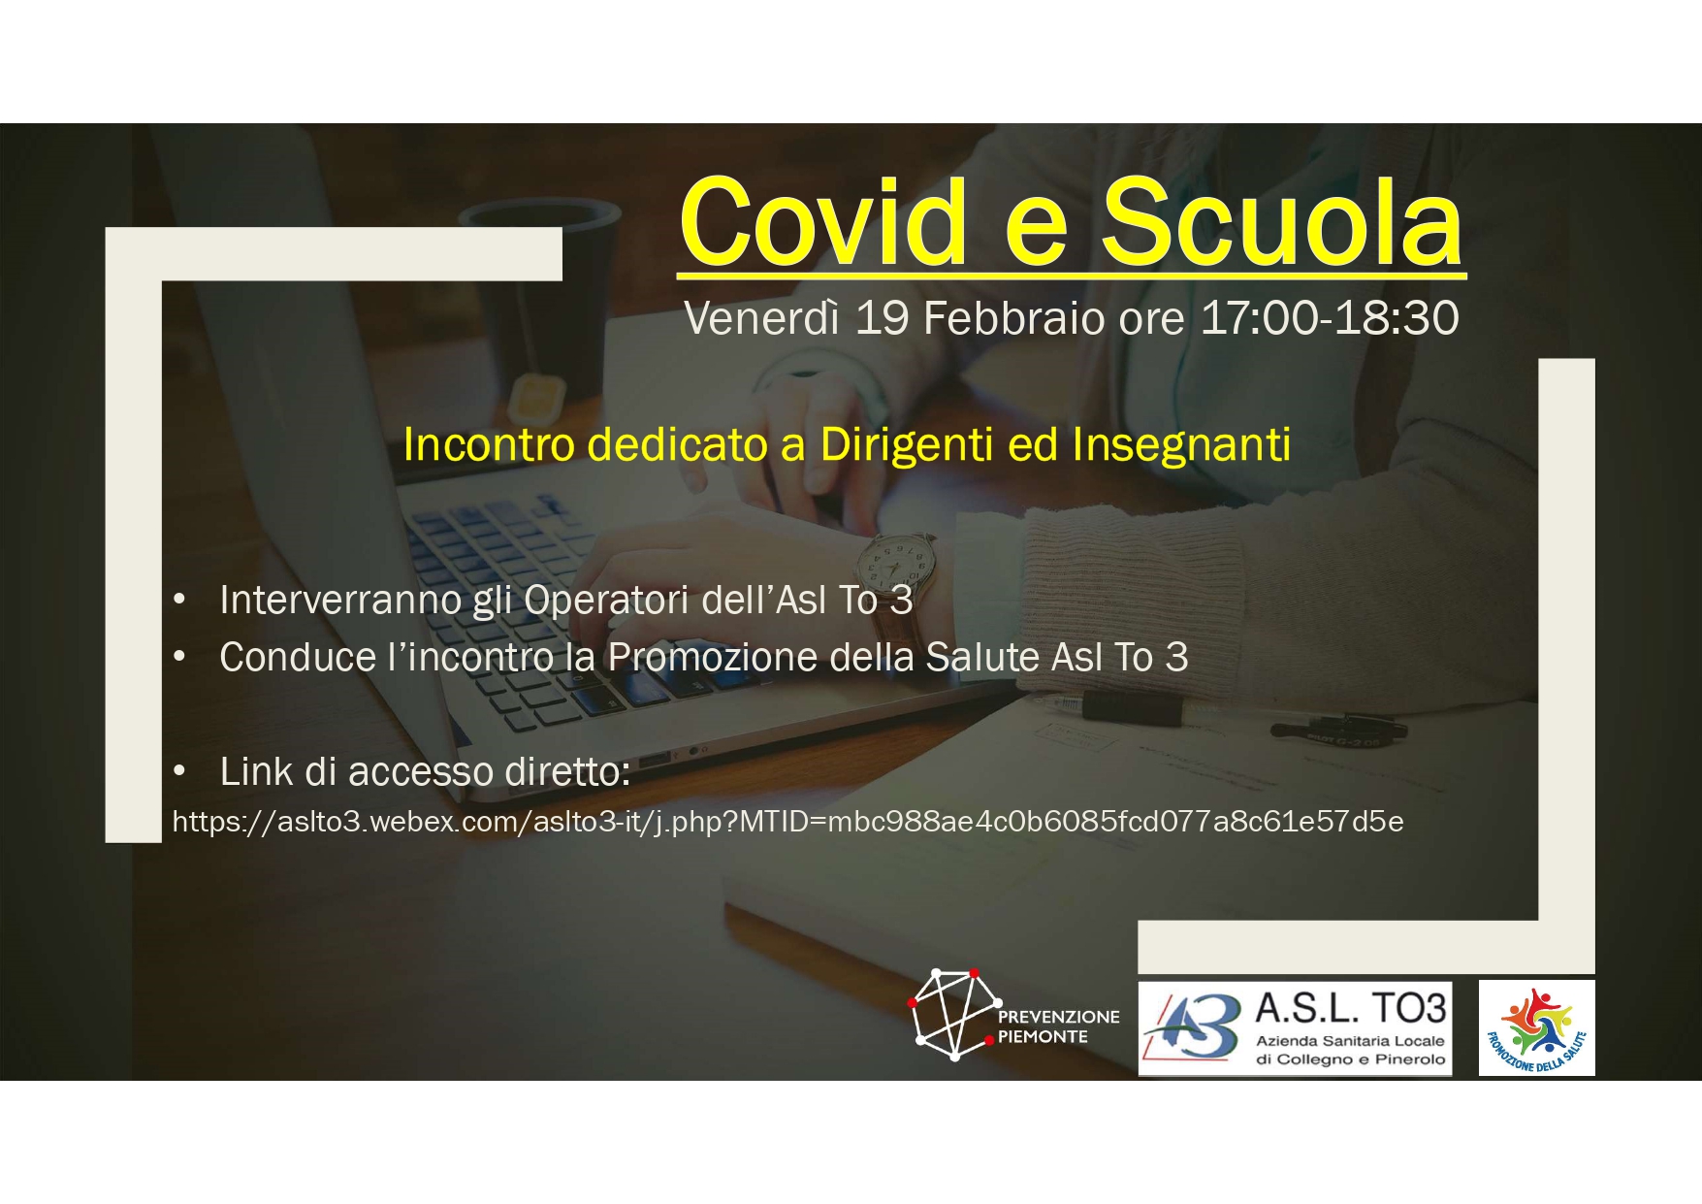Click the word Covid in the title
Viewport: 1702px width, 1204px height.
click(x=824, y=222)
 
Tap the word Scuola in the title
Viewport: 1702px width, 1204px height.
click(x=1283, y=222)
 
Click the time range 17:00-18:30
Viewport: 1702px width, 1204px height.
click(x=1330, y=318)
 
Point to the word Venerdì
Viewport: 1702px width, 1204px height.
click(x=761, y=318)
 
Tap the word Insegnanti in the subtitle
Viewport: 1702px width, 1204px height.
click(x=1181, y=445)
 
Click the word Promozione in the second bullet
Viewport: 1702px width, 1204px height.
click(x=713, y=657)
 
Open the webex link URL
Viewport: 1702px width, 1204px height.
click(x=787, y=822)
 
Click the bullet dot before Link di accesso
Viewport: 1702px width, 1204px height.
click(x=179, y=772)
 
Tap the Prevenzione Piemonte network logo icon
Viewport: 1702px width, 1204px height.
click(x=954, y=1014)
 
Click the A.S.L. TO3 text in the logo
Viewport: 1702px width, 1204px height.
click(x=1350, y=1009)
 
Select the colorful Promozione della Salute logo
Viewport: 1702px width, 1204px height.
click(x=1536, y=1028)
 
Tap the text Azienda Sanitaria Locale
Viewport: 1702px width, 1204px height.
click(x=1350, y=1041)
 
